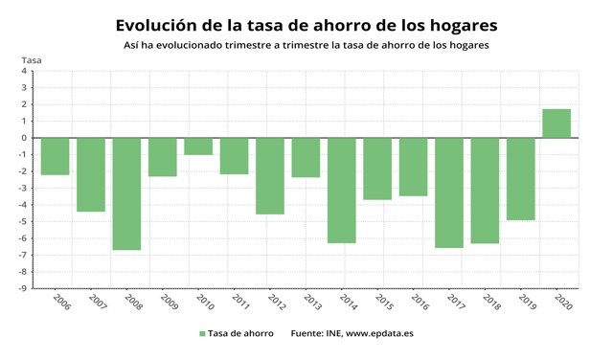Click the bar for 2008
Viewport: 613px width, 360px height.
click(126, 193)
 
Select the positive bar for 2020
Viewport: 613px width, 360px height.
click(556, 124)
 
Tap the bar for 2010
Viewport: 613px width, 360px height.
click(198, 146)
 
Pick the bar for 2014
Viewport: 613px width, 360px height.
click(342, 190)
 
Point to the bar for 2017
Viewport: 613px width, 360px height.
click(449, 192)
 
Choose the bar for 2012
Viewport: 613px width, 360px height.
click(270, 175)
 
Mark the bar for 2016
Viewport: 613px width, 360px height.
click(413, 167)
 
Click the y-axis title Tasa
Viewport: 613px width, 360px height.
click(32, 60)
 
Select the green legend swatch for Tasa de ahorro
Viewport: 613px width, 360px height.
click(203, 334)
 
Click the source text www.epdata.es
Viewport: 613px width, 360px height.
click(380, 334)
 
